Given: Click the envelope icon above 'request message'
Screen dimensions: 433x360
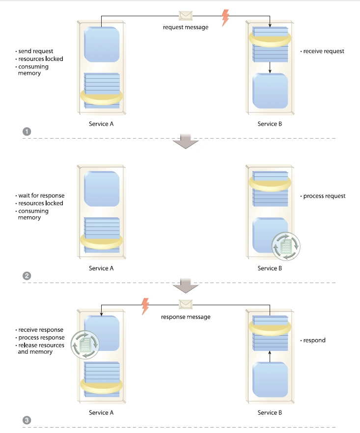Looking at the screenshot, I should pyautogui.click(x=186, y=16).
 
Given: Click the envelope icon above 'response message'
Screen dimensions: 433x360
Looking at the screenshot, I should pyautogui.click(x=186, y=304).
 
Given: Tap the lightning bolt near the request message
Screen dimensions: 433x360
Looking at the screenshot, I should pyautogui.click(x=225, y=18).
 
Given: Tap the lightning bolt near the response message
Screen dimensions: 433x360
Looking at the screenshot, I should pyautogui.click(x=145, y=306).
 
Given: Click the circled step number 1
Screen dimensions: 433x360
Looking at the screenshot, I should pyautogui.click(x=27, y=131).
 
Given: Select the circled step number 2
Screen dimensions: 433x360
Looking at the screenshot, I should pyautogui.click(x=27, y=275).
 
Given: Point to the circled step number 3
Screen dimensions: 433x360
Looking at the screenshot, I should pyautogui.click(x=27, y=420).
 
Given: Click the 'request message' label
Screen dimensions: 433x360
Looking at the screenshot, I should pyautogui.click(x=186, y=28).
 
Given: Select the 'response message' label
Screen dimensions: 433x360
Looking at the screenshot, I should pyautogui.click(x=186, y=317).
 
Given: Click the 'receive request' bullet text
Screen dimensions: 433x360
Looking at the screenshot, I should pyautogui.click(x=324, y=51).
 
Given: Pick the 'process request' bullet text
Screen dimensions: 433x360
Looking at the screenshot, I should pyautogui.click(x=324, y=196).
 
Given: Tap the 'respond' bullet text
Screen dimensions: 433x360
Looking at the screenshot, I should pyautogui.click(x=314, y=340).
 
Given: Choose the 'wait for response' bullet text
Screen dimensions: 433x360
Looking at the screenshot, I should pyautogui.click(x=41, y=196).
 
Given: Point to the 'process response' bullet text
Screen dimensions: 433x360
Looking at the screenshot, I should pyautogui.click(x=41, y=338).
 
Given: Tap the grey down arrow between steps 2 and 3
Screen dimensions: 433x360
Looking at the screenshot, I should pyautogui.click(x=186, y=285).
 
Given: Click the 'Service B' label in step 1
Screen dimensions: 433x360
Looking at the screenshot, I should pyautogui.click(x=270, y=124).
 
